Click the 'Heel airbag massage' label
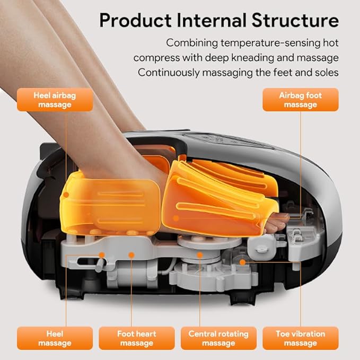click(55, 100)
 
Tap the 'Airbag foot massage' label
click(300, 100)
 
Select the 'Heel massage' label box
click(55, 338)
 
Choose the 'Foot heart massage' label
click(137, 338)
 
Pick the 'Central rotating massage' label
click(218, 338)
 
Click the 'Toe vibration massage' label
click(300, 338)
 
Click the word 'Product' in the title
click(135, 20)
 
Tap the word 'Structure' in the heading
click(295, 20)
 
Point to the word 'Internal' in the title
click(212, 20)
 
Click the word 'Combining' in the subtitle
click(192, 43)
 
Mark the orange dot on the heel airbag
click(66, 195)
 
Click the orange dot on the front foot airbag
click(176, 218)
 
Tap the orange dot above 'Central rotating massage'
click(200, 255)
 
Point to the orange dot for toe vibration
click(242, 262)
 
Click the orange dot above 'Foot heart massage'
click(131, 255)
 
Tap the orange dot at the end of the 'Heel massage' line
click(102, 255)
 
